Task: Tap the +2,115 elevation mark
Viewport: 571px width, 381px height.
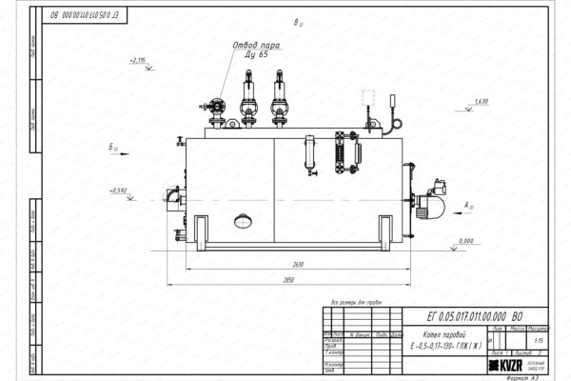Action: pos(135,60)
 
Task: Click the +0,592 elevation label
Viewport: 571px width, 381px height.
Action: pos(119,190)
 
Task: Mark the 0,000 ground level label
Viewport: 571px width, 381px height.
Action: pos(465,241)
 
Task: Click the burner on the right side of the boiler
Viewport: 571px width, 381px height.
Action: pos(438,190)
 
